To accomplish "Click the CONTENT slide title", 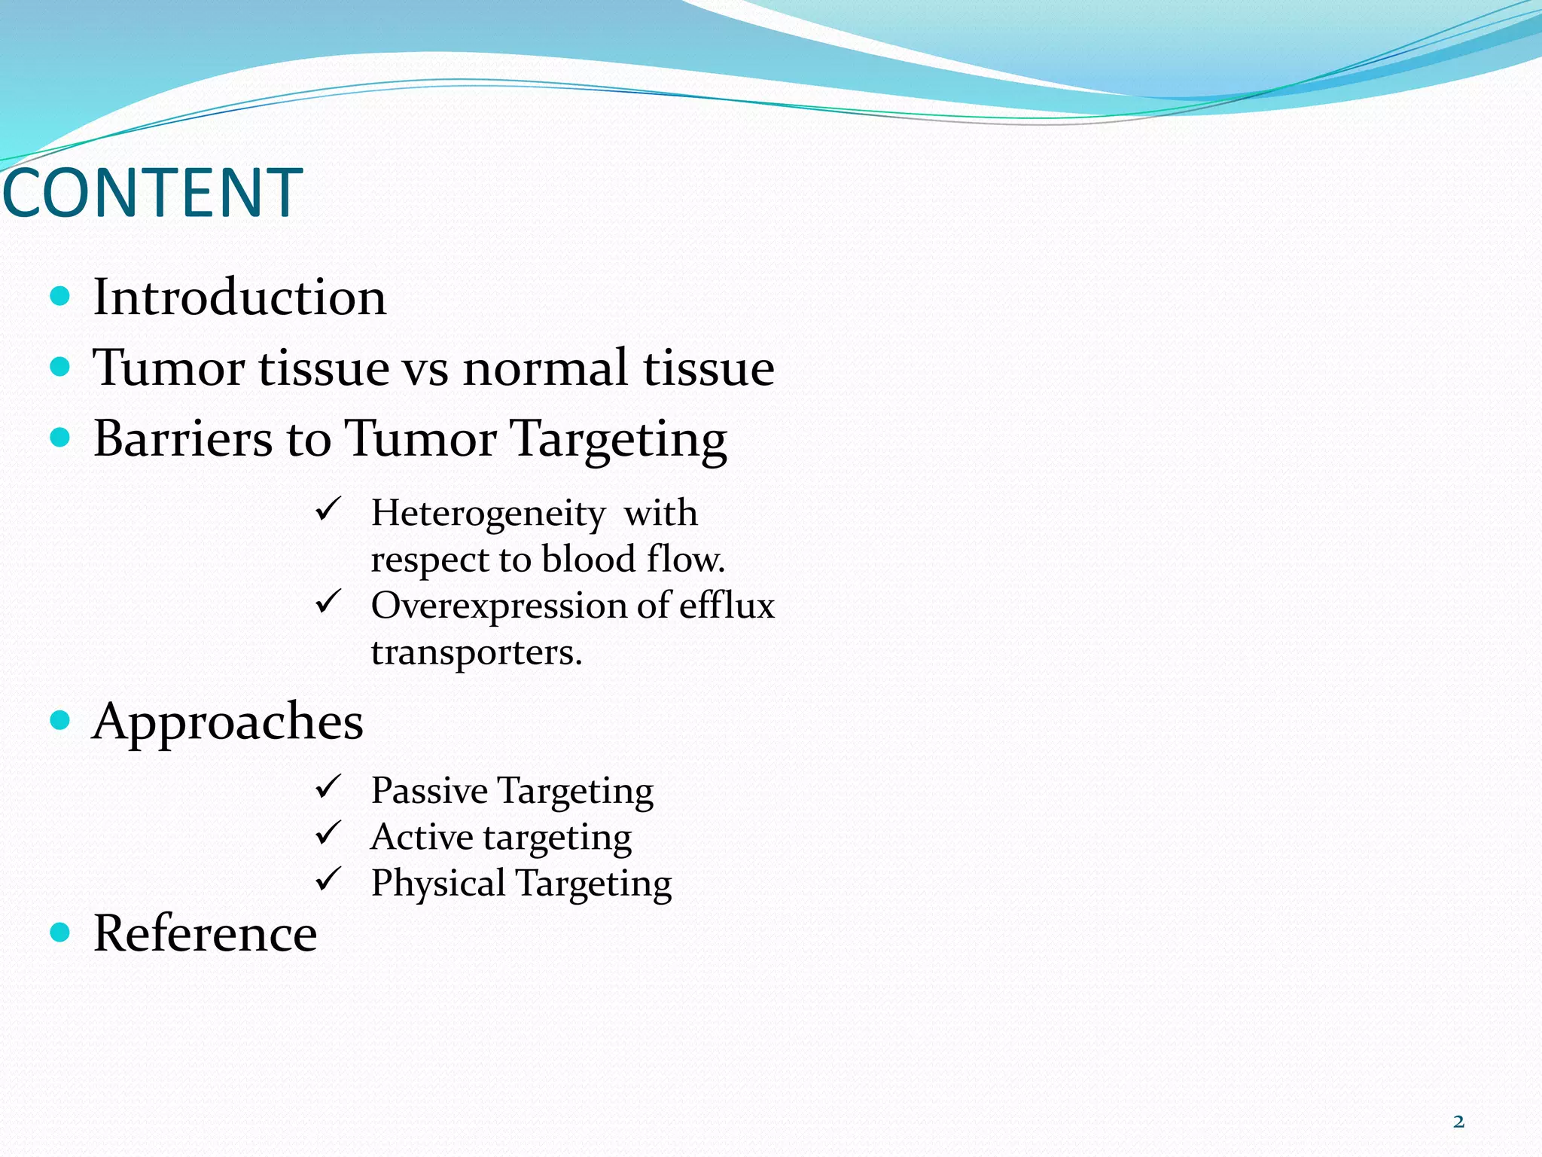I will [x=153, y=194].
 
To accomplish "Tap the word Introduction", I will [x=239, y=298].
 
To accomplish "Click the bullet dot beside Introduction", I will [x=59, y=296].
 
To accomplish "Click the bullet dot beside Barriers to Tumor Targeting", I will [x=59, y=438].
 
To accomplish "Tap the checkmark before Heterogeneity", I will [x=329, y=509].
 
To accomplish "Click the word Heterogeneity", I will [x=488, y=514].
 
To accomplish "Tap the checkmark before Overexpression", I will [x=329, y=602].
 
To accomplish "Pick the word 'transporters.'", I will [x=477, y=652].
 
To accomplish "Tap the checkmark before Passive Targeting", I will [x=329, y=787].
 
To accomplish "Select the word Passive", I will [x=429, y=791].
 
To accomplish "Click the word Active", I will [x=422, y=837].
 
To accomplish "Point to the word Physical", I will [x=438, y=884].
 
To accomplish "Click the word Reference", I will [x=205, y=934].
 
